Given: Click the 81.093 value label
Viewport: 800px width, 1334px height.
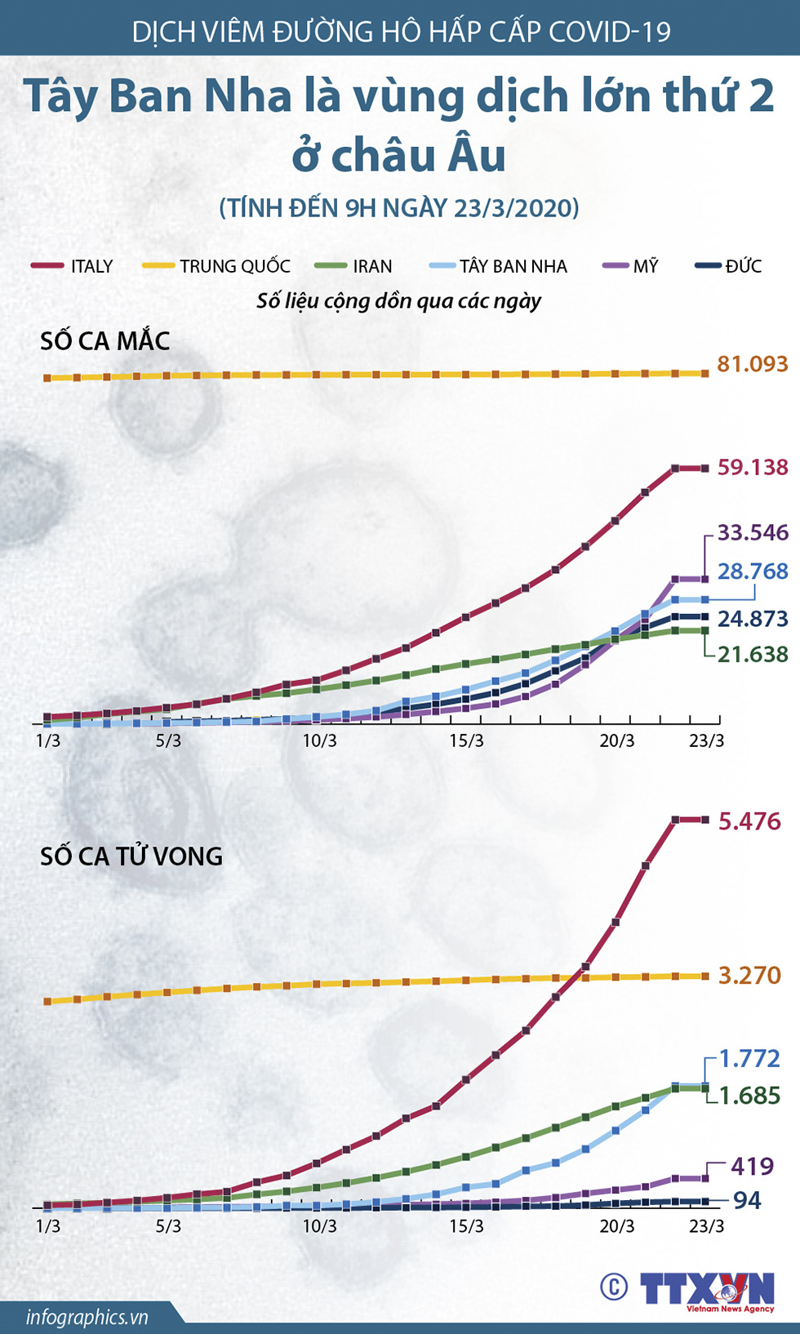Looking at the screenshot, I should pyautogui.click(x=752, y=364).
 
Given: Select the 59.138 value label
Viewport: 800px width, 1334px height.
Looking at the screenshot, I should pyautogui.click(x=752, y=468).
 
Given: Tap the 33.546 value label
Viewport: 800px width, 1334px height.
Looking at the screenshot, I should pyautogui.click(x=752, y=533).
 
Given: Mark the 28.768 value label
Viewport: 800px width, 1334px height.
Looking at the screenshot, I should pyautogui.click(x=752, y=571).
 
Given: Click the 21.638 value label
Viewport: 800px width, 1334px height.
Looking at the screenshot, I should pyautogui.click(x=752, y=654).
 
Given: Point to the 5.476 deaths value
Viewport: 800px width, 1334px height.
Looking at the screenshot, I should pyautogui.click(x=749, y=821).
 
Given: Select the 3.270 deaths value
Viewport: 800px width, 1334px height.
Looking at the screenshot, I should pyautogui.click(x=749, y=976).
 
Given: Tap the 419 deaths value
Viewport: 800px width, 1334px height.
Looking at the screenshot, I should pyautogui.click(x=752, y=1167).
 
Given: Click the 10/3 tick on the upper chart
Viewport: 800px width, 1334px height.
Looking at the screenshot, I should pyautogui.click(x=319, y=741).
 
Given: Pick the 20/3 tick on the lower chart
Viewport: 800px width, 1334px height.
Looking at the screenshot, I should pyautogui.click(x=616, y=1226).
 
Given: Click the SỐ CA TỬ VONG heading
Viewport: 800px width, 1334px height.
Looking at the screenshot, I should pyautogui.click(x=131, y=856).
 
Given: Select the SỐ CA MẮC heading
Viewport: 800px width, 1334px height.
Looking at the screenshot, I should pyautogui.click(x=105, y=341).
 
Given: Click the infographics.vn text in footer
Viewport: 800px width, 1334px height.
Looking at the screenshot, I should pyautogui.click(x=87, y=1317).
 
